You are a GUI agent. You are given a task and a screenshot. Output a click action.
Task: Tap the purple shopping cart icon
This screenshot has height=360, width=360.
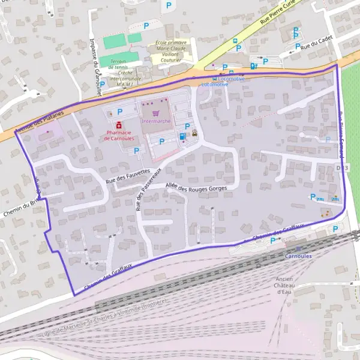156,113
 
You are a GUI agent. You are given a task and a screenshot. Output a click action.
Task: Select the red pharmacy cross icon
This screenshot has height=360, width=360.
119,125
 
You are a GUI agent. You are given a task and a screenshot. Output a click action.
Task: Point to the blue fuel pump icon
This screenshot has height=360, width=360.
182,136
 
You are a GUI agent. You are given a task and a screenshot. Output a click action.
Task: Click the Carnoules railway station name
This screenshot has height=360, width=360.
298,256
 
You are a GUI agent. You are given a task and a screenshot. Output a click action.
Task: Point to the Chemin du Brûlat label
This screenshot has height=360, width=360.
19,207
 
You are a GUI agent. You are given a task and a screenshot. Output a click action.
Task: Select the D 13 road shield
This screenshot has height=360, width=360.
342,168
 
